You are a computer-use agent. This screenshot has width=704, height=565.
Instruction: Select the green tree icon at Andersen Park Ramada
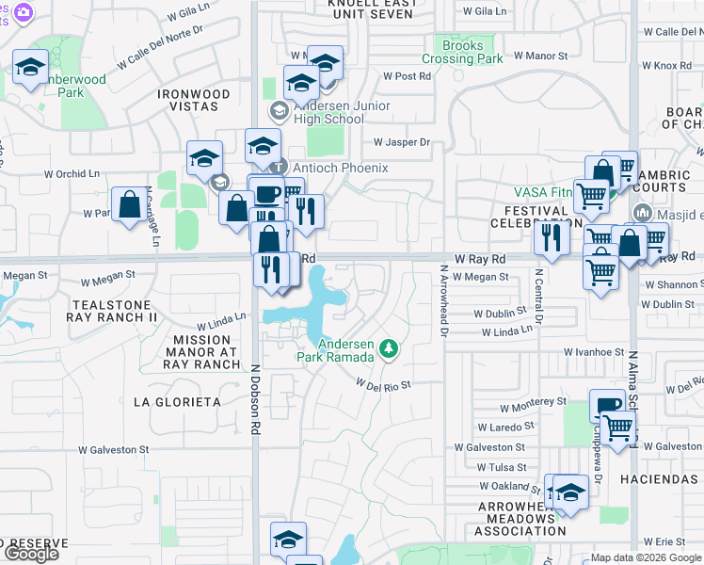coord(388,350)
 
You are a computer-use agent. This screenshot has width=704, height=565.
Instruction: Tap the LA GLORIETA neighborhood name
coord(177,402)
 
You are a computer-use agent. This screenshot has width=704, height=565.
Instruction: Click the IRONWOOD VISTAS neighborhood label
coord(194,102)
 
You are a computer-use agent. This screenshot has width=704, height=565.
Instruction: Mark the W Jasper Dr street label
coord(401,143)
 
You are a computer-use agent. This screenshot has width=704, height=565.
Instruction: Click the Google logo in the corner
coord(31,554)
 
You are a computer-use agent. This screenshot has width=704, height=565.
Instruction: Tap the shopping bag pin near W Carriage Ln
coord(128,204)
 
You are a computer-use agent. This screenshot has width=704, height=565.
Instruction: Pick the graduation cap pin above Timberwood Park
coord(31,69)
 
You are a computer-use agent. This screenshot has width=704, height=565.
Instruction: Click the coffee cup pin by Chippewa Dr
coord(607,406)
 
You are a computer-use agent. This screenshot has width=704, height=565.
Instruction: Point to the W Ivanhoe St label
coord(594,352)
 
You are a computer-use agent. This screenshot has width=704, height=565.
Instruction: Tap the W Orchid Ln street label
coord(72,174)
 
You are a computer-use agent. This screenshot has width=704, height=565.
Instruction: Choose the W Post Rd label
coord(407,76)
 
